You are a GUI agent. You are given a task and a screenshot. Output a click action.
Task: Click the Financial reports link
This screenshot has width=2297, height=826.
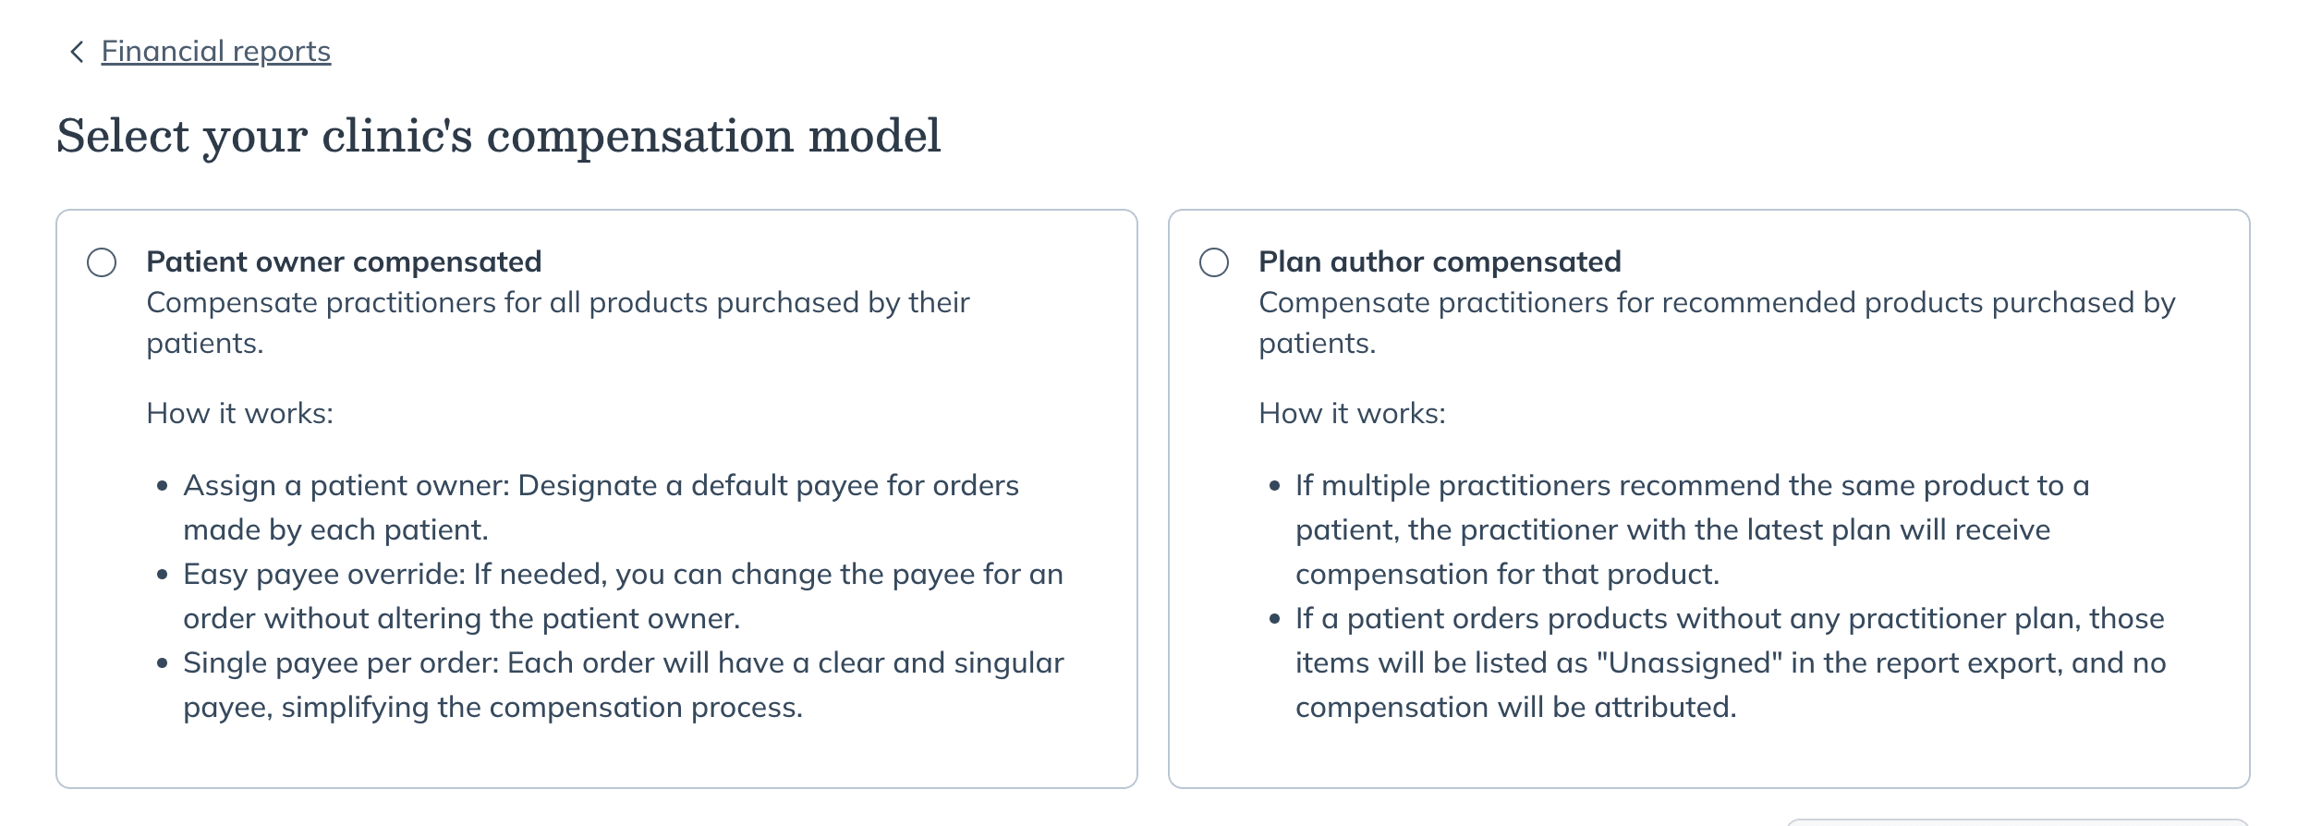(216, 52)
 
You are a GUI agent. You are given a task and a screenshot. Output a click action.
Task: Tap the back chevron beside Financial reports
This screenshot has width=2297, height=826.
(77, 52)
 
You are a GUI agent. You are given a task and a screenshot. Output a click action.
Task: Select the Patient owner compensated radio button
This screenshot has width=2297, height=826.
(102, 262)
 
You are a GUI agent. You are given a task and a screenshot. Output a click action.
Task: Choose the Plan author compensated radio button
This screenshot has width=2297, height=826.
(1214, 262)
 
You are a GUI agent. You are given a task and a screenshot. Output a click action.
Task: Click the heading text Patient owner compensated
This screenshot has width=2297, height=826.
(344, 262)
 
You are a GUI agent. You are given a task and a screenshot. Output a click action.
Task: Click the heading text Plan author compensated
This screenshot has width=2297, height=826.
(1440, 262)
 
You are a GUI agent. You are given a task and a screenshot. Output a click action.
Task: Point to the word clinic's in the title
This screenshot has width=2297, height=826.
(397, 136)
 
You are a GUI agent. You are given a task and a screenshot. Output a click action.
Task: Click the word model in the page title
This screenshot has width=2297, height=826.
(874, 136)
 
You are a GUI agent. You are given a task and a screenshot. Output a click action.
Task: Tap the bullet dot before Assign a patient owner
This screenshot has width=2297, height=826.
(163, 486)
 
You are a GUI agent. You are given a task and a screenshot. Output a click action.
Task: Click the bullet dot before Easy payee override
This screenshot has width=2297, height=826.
(163, 575)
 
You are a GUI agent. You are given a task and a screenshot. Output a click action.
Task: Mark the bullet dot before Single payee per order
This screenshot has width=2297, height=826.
(163, 663)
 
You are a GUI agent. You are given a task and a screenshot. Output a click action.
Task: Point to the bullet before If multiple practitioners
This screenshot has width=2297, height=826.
(1275, 486)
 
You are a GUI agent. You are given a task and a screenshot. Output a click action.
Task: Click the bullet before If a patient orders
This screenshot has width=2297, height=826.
(1275, 619)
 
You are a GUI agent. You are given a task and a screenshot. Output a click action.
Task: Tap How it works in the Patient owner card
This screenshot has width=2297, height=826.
(240, 413)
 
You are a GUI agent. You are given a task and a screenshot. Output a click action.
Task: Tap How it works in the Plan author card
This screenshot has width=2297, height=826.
(1353, 413)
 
